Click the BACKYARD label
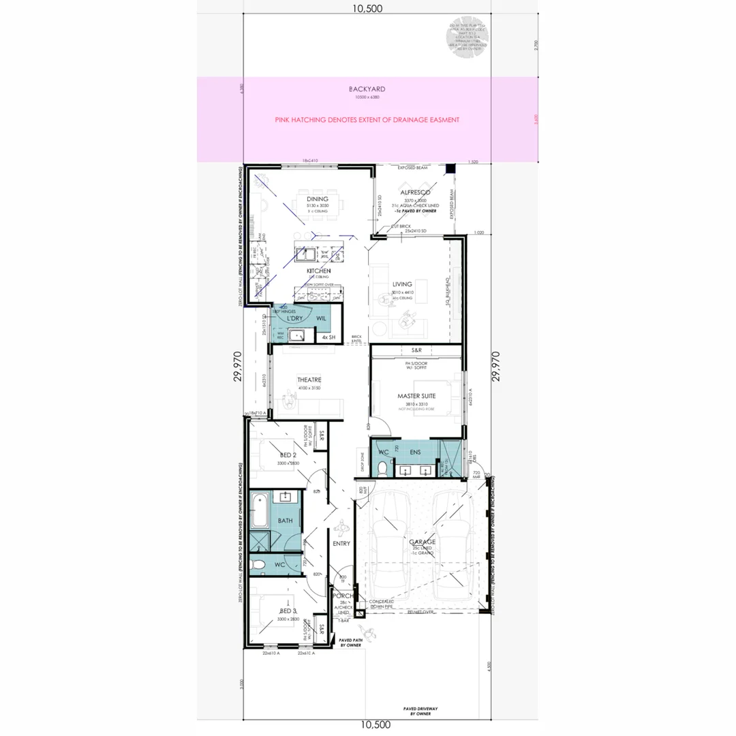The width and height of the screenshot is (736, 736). (x=367, y=89)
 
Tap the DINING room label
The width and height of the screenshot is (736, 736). (x=318, y=198)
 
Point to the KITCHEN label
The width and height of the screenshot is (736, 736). (x=318, y=271)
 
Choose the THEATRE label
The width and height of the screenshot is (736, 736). (x=309, y=380)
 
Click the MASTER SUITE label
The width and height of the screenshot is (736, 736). (x=416, y=396)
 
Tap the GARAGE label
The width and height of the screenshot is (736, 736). (x=423, y=542)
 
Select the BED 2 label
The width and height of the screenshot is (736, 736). (x=287, y=455)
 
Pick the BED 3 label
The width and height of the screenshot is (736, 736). (x=287, y=611)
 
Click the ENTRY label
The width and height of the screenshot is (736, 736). (x=341, y=543)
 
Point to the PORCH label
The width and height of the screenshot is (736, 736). (x=343, y=596)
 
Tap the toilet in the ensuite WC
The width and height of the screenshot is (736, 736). (x=382, y=468)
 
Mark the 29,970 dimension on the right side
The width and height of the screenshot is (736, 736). (x=495, y=366)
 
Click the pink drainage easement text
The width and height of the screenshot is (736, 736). (x=367, y=120)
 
